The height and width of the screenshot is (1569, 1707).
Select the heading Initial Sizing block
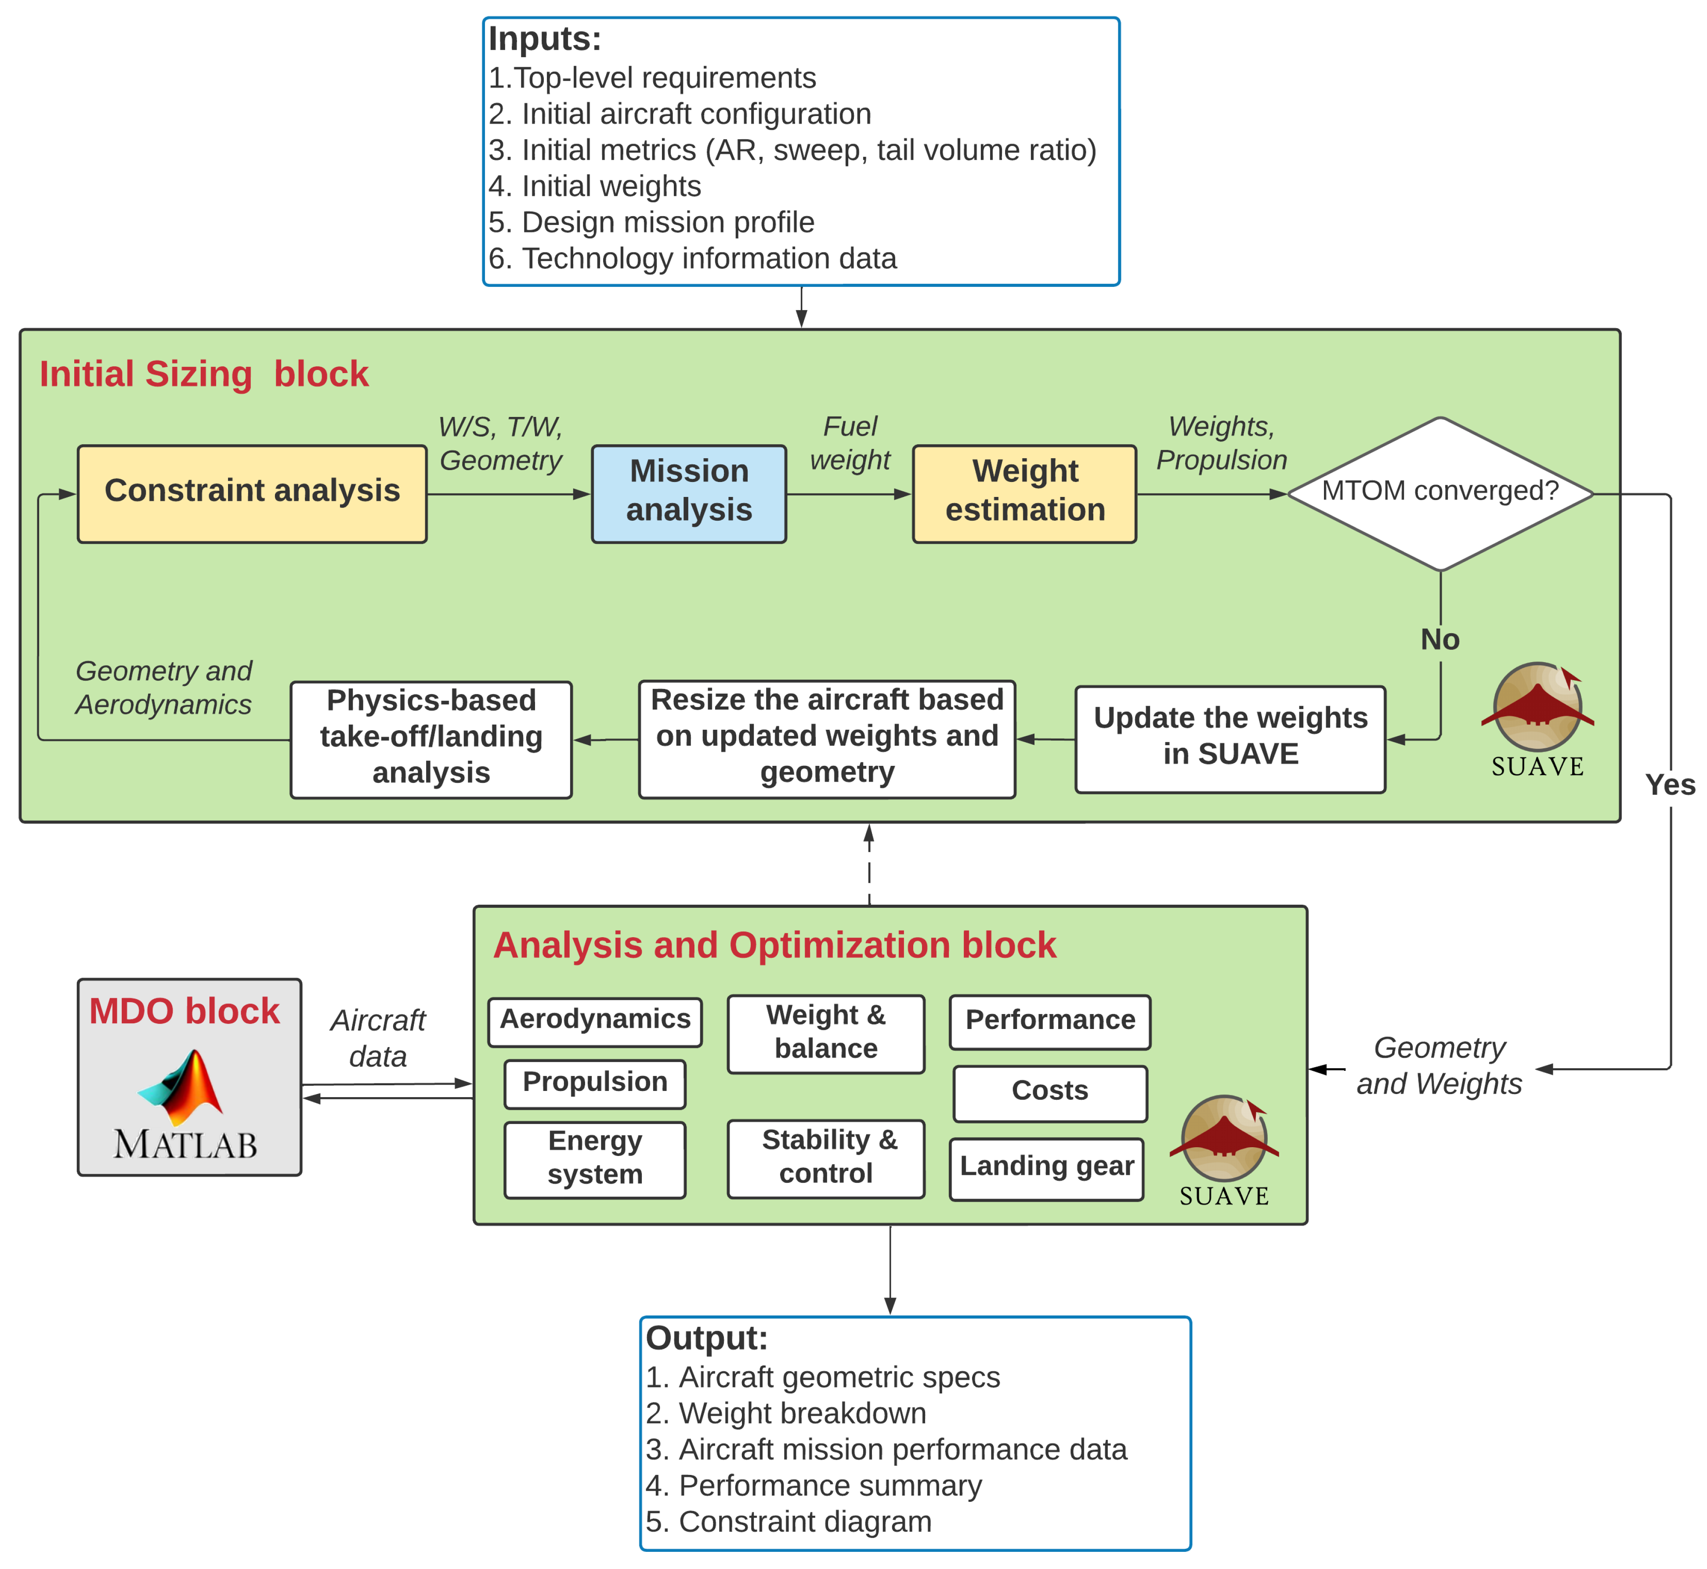(x=204, y=374)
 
